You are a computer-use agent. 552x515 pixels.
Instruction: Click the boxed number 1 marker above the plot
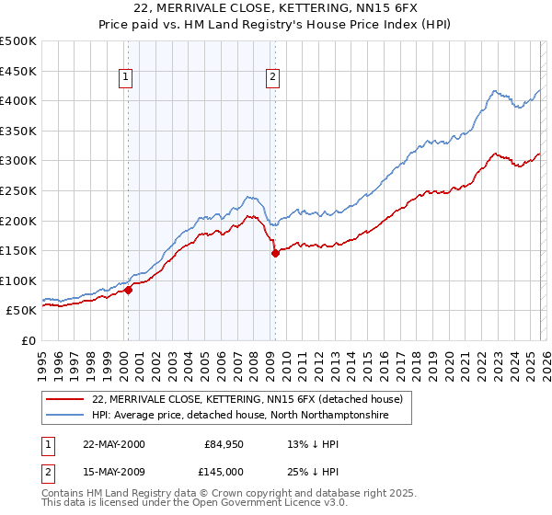(125, 78)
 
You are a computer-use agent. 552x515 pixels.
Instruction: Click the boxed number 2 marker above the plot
(273, 78)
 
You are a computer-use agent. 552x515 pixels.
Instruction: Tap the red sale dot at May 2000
(129, 290)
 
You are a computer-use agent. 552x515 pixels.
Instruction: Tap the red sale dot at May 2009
(275, 254)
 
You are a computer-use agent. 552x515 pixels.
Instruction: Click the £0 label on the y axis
(28, 340)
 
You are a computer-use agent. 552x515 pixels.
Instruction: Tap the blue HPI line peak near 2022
(495, 91)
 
